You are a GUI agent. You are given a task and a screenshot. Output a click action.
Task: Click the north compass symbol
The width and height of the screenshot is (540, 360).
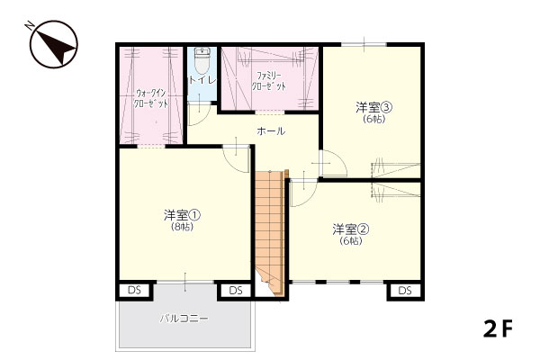(53, 44)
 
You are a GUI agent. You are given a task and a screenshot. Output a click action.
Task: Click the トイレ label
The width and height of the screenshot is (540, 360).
(202, 80)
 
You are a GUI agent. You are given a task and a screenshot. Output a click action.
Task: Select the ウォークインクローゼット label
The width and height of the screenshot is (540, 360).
(151, 98)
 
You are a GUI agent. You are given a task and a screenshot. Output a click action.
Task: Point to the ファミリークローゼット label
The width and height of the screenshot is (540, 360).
(269, 81)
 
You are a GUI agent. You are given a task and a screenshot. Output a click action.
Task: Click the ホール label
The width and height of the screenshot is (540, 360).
(271, 130)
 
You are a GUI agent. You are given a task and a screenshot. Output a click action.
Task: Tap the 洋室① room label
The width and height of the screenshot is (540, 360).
(182, 215)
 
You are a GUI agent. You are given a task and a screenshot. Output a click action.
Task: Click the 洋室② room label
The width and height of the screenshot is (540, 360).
(351, 229)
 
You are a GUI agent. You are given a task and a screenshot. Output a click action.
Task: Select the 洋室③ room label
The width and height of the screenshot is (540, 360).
(374, 107)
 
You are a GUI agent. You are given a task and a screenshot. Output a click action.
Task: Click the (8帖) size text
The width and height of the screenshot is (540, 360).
(182, 227)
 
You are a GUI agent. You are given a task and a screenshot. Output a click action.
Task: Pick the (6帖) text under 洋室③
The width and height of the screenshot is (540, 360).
(374, 119)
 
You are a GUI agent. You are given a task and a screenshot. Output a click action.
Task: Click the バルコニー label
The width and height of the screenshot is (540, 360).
(184, 319)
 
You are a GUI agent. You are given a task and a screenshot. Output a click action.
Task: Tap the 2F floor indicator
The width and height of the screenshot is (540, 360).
(498, 329)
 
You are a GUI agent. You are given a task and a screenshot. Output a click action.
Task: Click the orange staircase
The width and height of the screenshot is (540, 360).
(270, 231)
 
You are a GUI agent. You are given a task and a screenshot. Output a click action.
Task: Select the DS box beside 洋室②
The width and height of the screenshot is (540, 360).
(405, 291)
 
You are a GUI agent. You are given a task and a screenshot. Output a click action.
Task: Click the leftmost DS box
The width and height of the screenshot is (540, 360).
(134, 290)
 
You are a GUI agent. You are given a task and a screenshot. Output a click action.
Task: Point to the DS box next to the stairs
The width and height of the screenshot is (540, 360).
(236, 291)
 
